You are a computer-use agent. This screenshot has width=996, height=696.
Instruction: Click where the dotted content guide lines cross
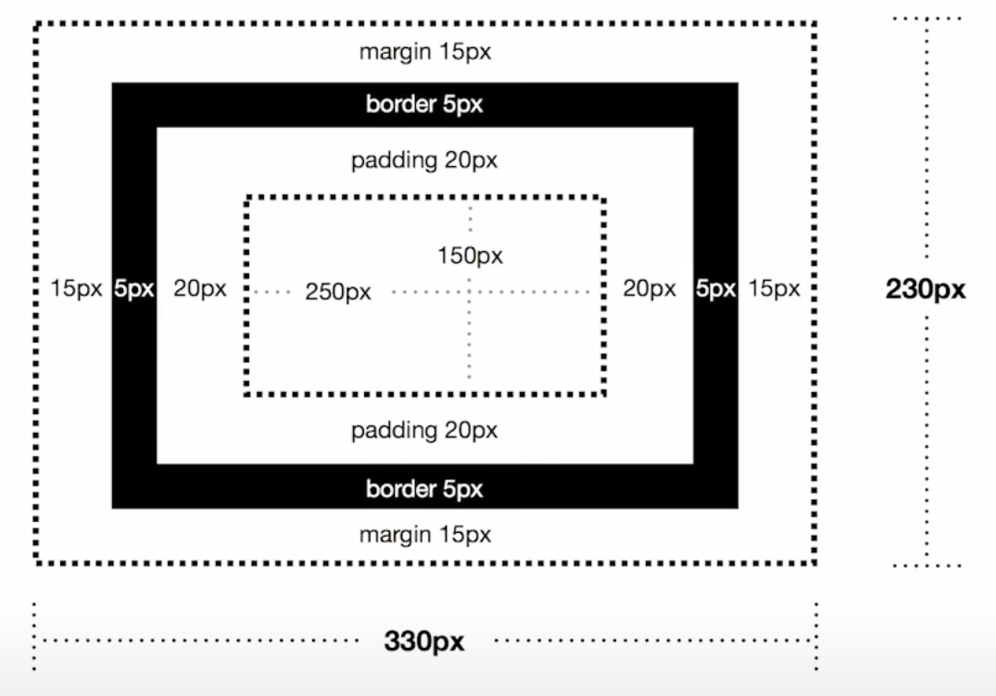click(x=470, y=292)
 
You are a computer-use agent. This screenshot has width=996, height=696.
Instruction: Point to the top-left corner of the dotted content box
click(x=246, y=198)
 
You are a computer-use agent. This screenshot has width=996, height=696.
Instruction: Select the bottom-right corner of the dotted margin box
click(x=814, y=562)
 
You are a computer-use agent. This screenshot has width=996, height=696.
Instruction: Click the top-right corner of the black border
click(x=738, y=83)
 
